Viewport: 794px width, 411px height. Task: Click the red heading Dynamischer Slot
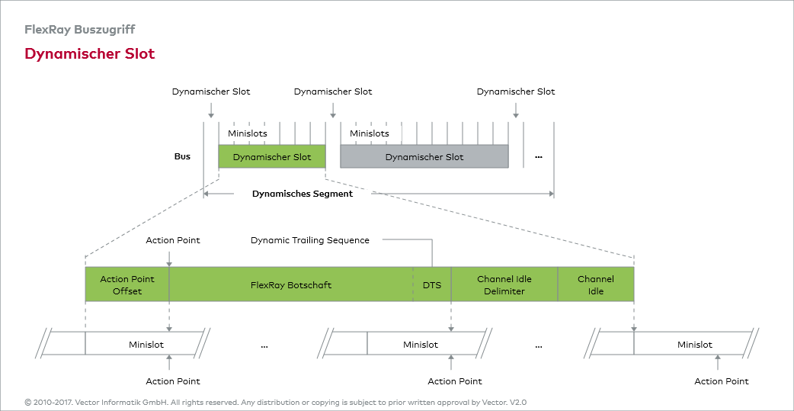(90, 54)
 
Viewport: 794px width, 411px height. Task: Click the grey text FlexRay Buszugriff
(80, 30)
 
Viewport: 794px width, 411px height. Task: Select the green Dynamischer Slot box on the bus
(272, 157)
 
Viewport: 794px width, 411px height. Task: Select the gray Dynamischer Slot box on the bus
(424, 157)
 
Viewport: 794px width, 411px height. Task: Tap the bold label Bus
(182, 157)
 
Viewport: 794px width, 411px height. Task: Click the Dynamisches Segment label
(303, 194)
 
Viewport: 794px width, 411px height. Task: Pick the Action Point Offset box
(127, 284)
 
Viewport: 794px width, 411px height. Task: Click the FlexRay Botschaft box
(291, 285)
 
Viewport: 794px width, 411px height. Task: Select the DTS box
(432, 285)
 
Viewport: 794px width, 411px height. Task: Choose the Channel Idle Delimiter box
(504, 284)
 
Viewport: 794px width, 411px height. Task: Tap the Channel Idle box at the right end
(596, 284)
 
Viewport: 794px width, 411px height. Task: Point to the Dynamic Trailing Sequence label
(310, 240)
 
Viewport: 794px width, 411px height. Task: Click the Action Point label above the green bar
(173, 240)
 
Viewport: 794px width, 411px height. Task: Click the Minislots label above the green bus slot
(248, 133)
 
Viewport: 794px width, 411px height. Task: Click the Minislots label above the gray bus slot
(370, 133)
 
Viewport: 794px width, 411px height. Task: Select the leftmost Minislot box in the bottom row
(146, 345)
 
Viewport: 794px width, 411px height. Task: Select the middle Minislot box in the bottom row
(421, 345)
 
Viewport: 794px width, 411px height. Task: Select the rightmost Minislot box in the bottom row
(695, 345)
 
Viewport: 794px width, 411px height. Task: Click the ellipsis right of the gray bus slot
(539, 157)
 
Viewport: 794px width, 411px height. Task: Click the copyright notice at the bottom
(276, 402)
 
